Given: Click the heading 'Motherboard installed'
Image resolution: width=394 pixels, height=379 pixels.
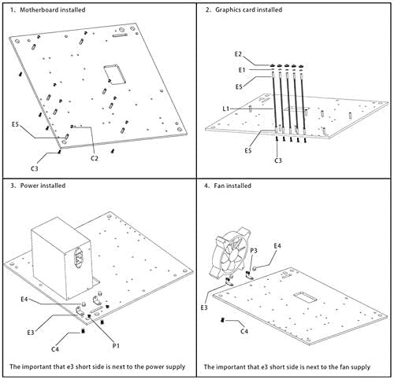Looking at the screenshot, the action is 53,10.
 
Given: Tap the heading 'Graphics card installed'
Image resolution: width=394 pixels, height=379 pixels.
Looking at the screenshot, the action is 249,10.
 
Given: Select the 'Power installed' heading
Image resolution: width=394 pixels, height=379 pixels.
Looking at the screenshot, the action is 43,186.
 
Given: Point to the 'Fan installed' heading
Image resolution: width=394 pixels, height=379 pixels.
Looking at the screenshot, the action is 232,186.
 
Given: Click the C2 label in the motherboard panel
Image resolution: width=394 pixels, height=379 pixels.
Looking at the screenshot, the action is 95,158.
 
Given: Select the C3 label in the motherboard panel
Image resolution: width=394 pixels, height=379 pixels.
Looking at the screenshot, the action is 35,168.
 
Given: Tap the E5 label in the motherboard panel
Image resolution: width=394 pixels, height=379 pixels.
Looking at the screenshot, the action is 16,124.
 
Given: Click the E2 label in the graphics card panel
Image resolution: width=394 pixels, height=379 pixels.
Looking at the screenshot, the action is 238,54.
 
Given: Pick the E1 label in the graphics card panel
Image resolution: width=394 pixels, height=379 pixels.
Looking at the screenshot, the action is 242,70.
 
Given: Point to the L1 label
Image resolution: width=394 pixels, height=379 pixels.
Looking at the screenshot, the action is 226,109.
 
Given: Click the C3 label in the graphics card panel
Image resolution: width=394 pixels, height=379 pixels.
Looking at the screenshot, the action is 278,160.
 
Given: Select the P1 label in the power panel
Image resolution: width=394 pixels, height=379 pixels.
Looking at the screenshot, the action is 116,346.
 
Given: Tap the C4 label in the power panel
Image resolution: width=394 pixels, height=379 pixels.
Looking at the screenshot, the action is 55,349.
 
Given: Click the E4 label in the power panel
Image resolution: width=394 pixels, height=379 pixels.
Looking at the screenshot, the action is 24,299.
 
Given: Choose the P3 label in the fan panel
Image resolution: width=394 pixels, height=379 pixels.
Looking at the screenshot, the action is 254,251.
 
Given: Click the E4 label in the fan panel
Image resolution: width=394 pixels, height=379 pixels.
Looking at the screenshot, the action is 277,246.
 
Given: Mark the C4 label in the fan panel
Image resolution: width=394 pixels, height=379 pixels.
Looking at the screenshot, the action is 244,332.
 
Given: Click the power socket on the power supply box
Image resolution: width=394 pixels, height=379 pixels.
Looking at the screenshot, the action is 79,258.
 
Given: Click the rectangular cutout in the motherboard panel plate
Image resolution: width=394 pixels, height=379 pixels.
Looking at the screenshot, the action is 115,75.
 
